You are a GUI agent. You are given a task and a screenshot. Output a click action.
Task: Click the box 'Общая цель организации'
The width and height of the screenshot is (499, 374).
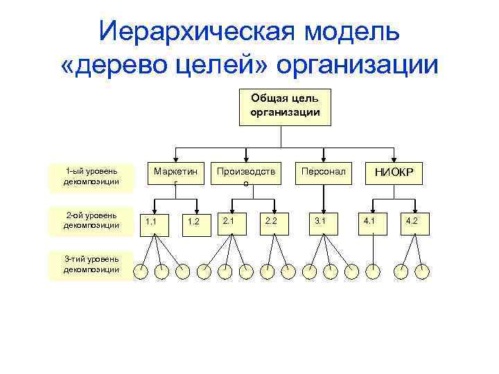tap(281, 107)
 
